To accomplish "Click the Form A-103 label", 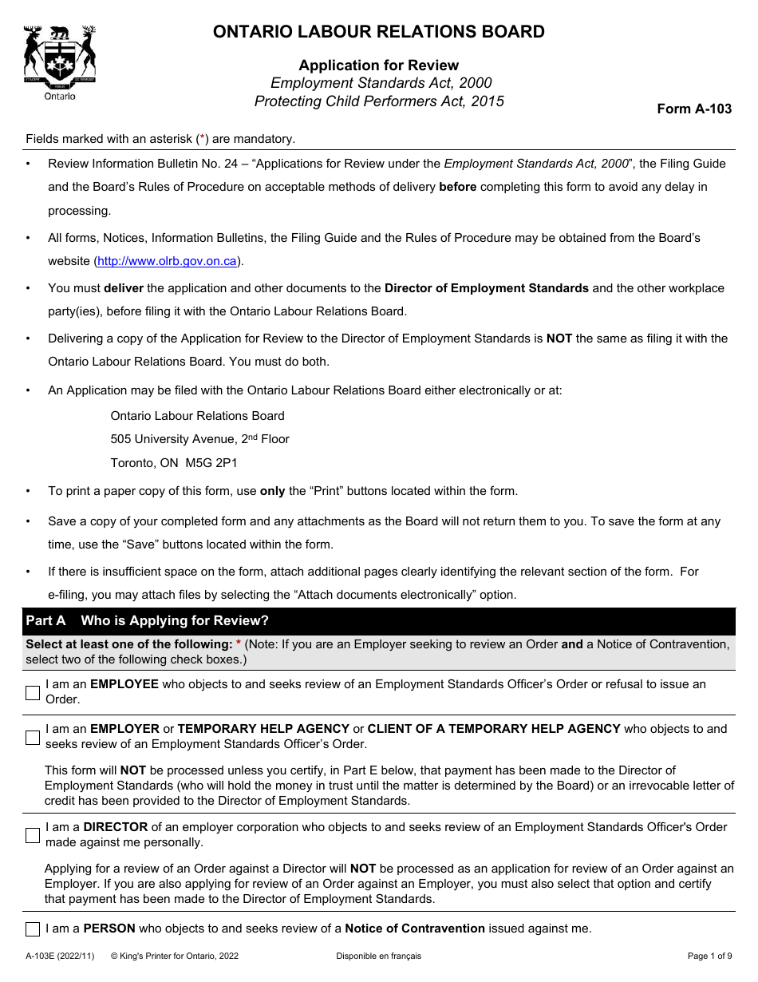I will (x=693, y=109).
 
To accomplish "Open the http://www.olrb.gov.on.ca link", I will (x=167, y=261).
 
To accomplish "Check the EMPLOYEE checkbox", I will (x=33, y=692).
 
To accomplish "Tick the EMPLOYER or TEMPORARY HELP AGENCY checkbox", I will (x=33, y=737).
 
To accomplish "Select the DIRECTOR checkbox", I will (x=33, y=835).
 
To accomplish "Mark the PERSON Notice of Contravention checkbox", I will (x=33, y=929).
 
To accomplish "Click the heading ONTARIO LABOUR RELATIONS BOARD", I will (x=378, y=32).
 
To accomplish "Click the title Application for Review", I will (x=378, y=65).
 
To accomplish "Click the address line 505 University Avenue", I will (x=199, y=439).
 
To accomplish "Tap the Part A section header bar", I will (x=378, y=620).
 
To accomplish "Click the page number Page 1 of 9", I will (x=709, y=956).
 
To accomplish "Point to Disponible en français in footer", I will (x=378, y=956).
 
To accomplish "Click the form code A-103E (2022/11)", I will (x=60, y=956).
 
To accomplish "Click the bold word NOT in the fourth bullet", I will (x=559, y=339).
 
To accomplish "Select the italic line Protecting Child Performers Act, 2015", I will (x=378, y=101).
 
